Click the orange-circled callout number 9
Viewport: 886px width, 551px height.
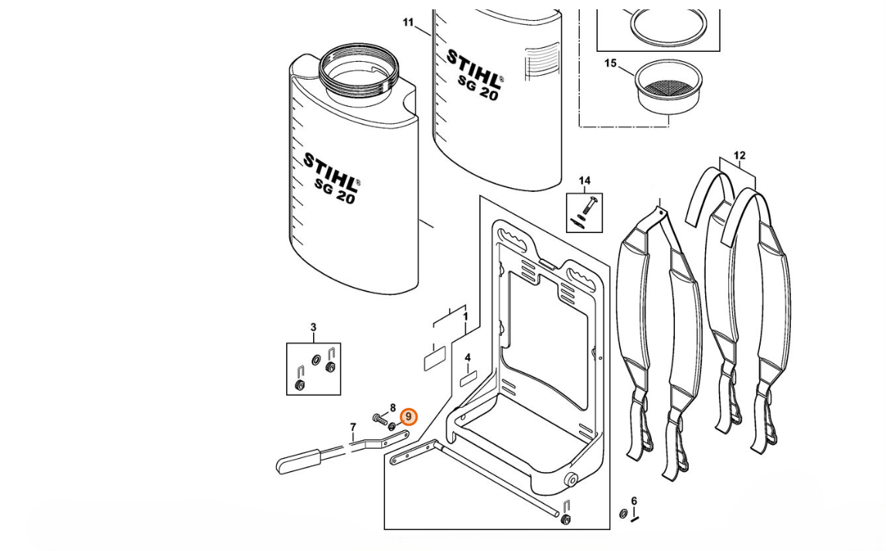[409, 417]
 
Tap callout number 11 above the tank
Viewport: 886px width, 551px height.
[408, 22]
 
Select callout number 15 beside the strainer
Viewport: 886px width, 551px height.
[611, 63]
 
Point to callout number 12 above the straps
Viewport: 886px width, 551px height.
[739, 156]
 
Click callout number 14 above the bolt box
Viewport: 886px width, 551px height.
[584, 181]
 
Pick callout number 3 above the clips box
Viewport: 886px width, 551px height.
[313, 328]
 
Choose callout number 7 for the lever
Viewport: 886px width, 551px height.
[353, 427]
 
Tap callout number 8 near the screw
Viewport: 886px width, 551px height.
[393, 408]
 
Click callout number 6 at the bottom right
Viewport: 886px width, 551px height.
[634, 501]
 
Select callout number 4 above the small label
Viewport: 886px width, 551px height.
[468, 358]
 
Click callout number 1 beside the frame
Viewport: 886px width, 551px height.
[465, 317]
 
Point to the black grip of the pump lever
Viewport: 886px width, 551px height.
[298, 462]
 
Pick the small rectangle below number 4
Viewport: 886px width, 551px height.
[468, 380]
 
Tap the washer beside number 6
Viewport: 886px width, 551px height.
[623, 513]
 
